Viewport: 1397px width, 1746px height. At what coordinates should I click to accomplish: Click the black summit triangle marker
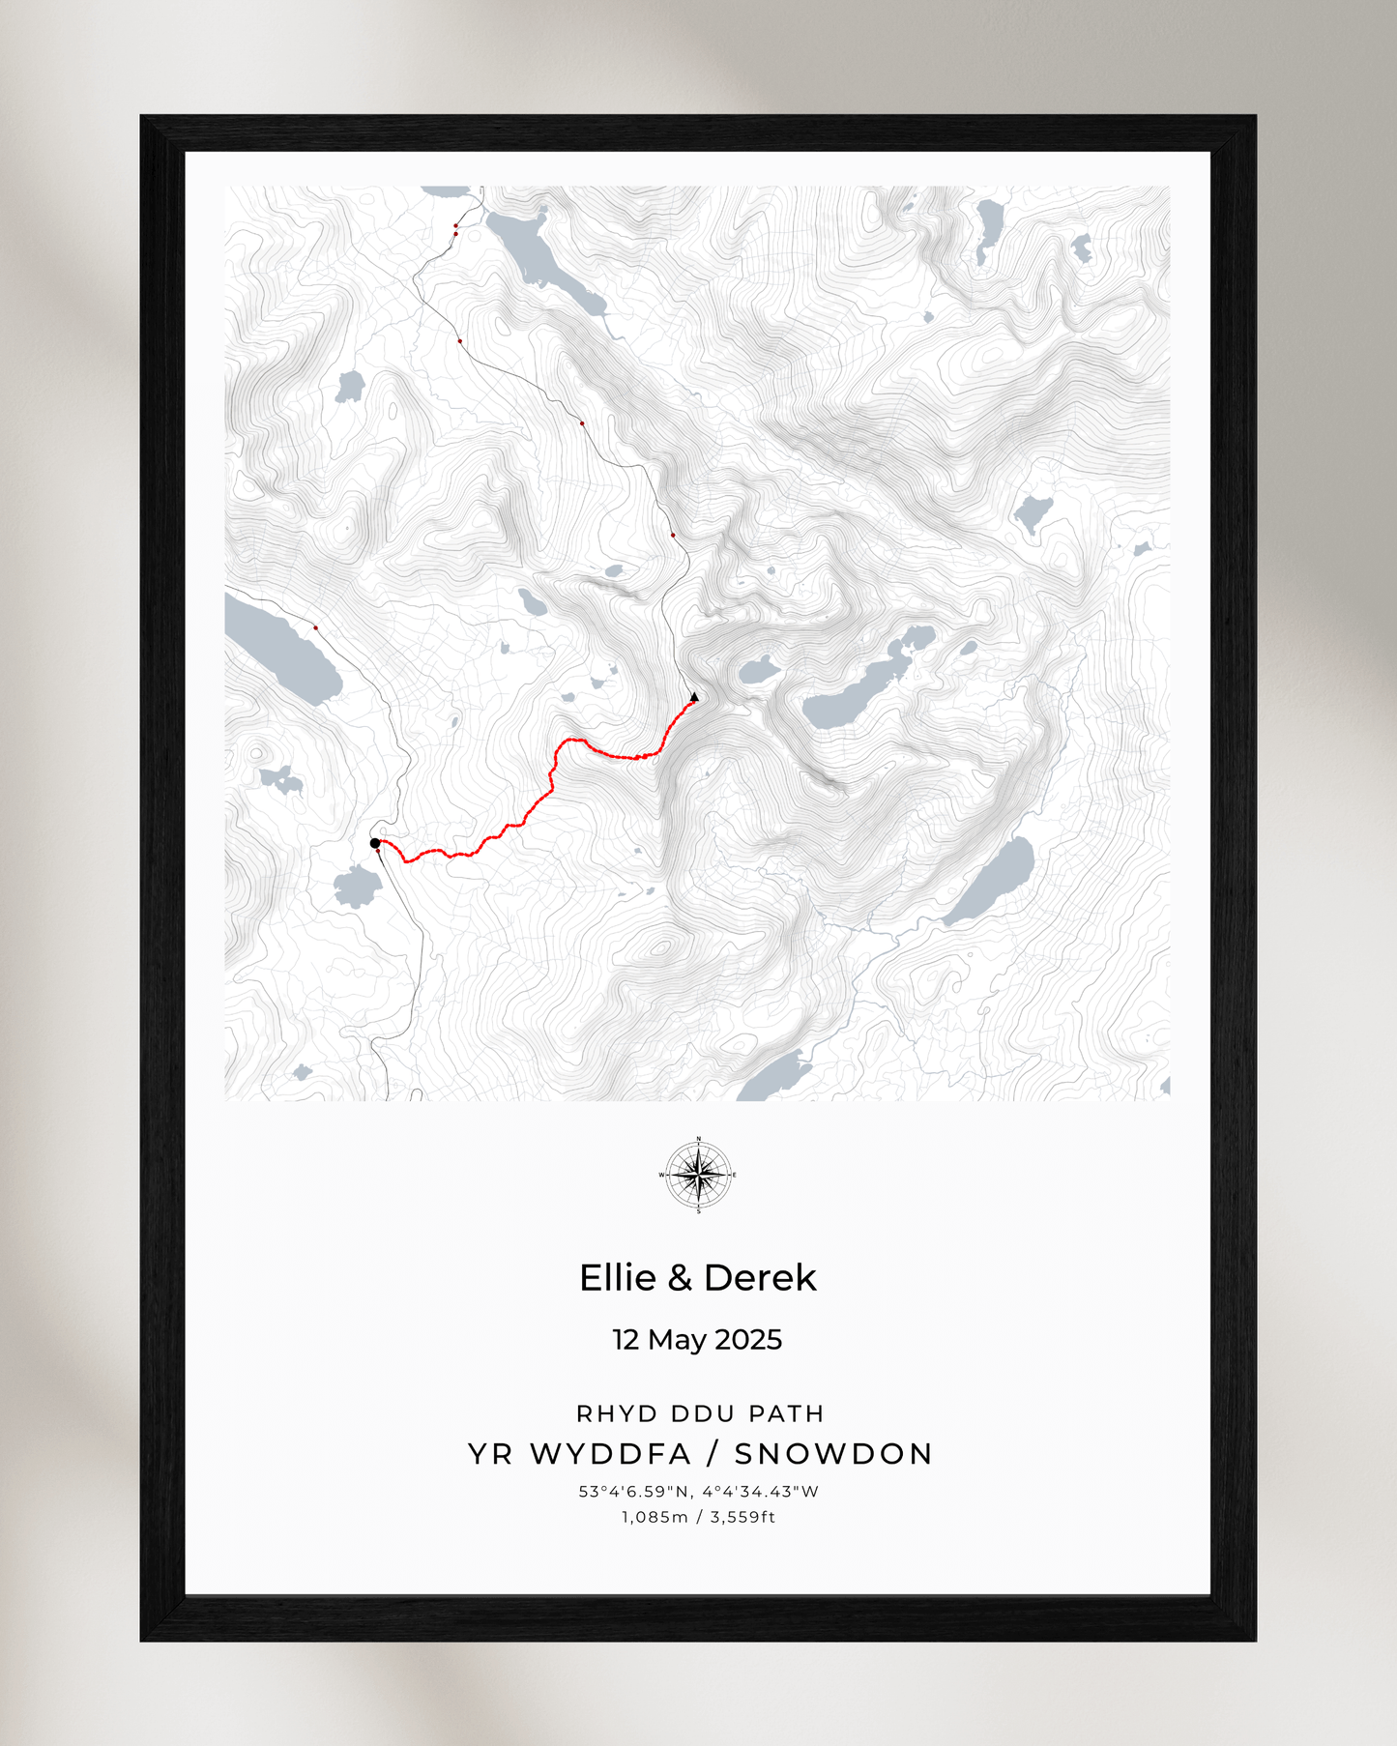[x=694, y=696]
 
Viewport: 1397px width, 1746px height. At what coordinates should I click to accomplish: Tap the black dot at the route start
[x=375, y=843]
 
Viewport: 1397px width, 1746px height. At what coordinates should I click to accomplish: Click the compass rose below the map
[x=698, y=1176]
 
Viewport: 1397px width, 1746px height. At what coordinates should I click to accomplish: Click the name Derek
[x=760, y=1278]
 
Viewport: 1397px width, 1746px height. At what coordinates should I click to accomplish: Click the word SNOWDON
[x=833, y=1454]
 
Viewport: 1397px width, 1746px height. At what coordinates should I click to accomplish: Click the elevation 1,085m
[x=654, y=1517]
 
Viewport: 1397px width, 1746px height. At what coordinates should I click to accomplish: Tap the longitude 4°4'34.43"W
[x=761, y=1492]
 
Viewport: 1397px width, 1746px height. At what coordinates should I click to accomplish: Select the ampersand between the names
[x=680, y=1278]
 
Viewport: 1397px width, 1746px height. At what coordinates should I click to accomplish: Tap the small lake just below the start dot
[x=358, y=887]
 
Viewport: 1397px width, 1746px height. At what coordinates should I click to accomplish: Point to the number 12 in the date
[x=626, y=1340]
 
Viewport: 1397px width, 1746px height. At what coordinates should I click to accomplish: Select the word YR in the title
[x=490, y=1454]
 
